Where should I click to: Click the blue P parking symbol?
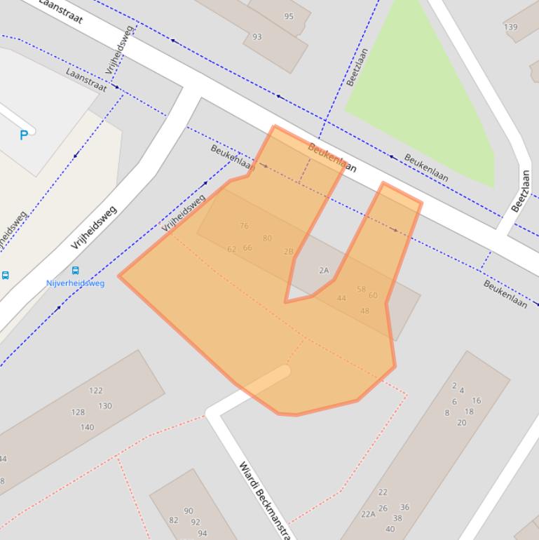(24, 135)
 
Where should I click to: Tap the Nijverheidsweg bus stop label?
(75, 283)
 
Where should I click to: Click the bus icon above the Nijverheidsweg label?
(75, 271)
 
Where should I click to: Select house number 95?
(289, 16)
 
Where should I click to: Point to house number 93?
(257, 36)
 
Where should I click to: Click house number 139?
(510, 27)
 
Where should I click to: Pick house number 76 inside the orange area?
(244, 226)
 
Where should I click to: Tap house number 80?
(267, 238)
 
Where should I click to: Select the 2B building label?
(288, 251)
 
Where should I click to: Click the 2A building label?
(323, 270)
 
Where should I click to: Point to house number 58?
(361, 289)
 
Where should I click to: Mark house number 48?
(364, 311)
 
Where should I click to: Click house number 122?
(96, 391)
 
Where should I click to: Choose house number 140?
(87, 427)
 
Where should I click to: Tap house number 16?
(477, 400)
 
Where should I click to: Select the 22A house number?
(368, 514)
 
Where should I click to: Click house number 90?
(189, 511)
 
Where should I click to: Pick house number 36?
(404, 507)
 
